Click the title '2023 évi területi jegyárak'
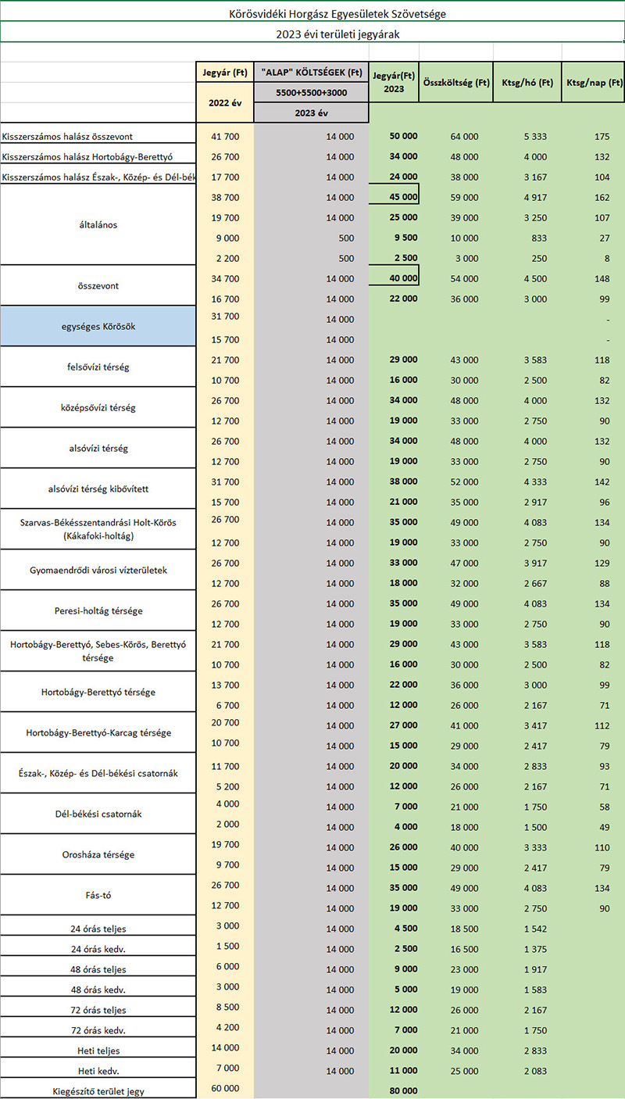(x=337, y=34)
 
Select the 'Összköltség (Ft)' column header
(x=456, y=82)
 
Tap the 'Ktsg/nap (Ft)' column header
(x=594, y=82)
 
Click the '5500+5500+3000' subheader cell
(x=311, y=92)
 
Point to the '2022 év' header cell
(x=225, y=102)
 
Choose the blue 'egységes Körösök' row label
(x=98, y=326)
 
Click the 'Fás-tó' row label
(x=98, y=895)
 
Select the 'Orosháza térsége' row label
(x=98, y=854)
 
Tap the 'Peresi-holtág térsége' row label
(x=98, y=610)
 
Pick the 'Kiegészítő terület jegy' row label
(x=98, y=1091)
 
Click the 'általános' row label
(x=98, y=224)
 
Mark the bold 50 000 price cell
(x=403, y=136)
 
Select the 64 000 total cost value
(x=464, y=136)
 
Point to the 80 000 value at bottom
(x=403, y=1090)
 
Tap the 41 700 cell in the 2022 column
(x=225, y=136)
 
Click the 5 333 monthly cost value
(x=535, y=136)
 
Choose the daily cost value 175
(x=602, y=136)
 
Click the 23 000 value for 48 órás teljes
(x=464, y=969)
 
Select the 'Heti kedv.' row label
(x=98, y=1071)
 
